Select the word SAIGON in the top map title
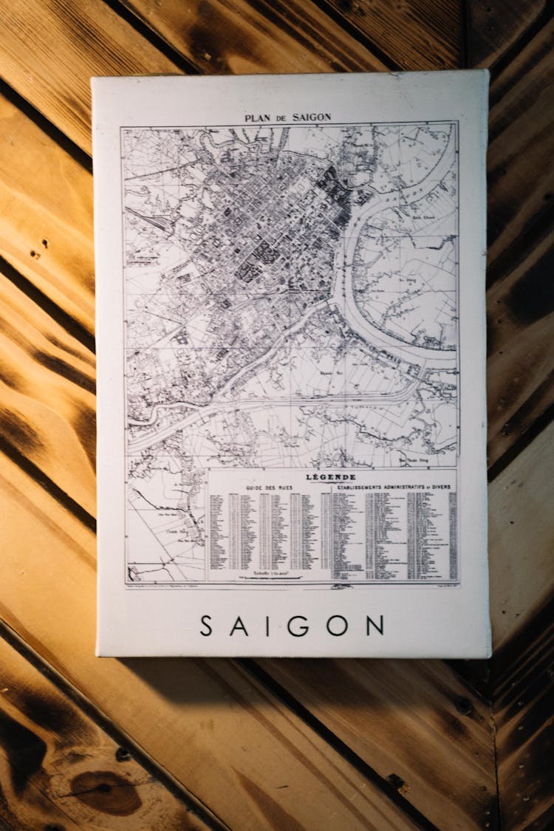(x=310, y=117)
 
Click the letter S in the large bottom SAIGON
(x=206, y=626)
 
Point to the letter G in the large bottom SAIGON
(x=298, y=626)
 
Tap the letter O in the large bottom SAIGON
(x=337, y=626)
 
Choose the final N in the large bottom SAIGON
(x=375, y=626)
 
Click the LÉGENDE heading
(x=330, y=477)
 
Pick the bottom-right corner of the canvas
(x=489, y=656)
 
